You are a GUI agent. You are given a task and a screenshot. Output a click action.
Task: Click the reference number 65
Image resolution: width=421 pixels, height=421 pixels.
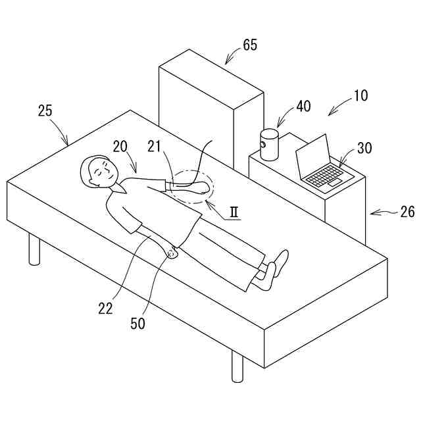250,45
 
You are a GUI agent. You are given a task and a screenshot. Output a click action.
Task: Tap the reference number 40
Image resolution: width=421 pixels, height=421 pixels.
303,107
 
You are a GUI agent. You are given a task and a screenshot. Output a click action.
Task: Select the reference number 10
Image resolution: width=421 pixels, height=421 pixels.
360,95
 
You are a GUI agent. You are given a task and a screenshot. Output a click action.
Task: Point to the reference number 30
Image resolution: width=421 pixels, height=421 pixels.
364,148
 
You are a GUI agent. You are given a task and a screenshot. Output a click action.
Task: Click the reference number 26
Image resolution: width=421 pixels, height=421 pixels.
408,212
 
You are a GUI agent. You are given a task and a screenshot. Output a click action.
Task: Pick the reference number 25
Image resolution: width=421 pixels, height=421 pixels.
45,111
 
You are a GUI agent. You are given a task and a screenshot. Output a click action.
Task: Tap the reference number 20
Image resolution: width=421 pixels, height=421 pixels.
119,146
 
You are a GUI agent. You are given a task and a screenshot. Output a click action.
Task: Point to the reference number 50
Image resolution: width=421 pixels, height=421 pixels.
138,324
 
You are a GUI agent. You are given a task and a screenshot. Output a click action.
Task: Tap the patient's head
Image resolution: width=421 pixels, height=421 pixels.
97,172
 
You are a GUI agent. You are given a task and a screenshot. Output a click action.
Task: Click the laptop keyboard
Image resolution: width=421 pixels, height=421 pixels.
325,175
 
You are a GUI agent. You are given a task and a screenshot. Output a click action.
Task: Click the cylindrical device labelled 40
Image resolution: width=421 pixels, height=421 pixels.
269,145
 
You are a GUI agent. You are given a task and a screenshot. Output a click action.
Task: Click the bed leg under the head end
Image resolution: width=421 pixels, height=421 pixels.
34,249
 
